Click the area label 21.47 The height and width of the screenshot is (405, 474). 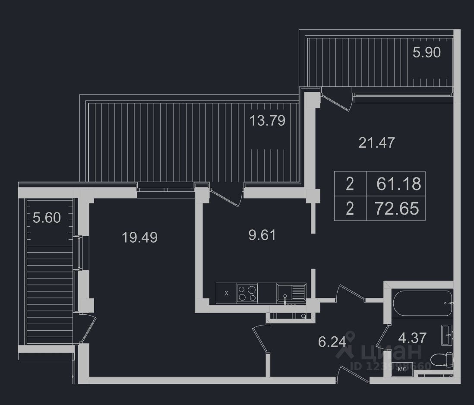point(376,142)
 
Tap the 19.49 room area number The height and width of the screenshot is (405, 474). point(139,237)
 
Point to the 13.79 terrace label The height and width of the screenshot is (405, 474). point(267,120)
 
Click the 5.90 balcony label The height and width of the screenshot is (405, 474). point(427,53)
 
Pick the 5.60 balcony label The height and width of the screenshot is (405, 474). point(47,218)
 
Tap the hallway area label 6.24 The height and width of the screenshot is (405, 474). point(332,342)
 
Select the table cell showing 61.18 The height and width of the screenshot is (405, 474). point(398,184)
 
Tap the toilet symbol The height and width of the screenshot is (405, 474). point(442,358)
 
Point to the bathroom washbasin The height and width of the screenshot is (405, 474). point(447,335)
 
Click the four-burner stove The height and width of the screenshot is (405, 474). point(247,293)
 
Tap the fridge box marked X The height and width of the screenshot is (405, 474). point(227,293)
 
